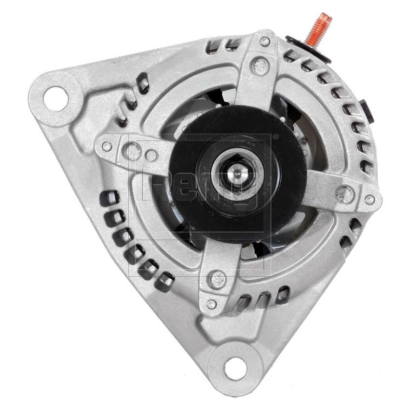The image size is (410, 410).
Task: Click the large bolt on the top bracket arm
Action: click(260, 63)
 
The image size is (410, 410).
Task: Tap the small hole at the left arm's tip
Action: click(107, 145)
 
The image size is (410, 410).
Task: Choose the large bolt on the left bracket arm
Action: click(132, 150)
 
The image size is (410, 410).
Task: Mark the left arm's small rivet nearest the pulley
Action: click(151, 155)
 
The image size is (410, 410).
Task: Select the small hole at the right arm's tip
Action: click(369, 199)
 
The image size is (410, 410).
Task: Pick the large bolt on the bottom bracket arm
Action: click(218, 279)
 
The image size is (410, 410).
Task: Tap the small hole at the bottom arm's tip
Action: click(211, 304)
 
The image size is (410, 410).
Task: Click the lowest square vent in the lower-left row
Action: click(167, 278)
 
